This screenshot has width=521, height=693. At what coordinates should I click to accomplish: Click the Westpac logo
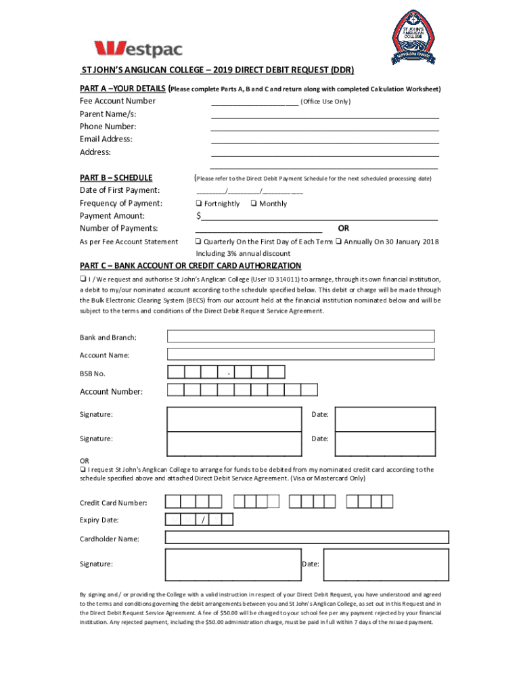[x=138, y=49]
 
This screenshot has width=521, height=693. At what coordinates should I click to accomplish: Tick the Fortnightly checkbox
[x=198, y=204]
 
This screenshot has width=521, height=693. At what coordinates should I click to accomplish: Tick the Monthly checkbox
[x=253, y=204]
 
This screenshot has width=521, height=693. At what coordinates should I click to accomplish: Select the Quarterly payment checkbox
[x=198, y=242]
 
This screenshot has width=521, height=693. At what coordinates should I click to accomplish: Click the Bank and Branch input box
[x=300, y=336]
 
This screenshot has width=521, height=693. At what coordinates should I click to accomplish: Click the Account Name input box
[x=300, y=354]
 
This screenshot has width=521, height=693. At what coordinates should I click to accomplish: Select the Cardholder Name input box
[x=307, y=537]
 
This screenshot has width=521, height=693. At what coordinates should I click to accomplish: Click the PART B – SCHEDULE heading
[x=116, y=178]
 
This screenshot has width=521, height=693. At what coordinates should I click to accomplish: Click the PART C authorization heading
[x=190, y=265]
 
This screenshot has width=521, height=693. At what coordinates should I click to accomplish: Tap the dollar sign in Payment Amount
[x=198, y=217]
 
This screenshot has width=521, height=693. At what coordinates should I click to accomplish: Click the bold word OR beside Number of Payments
[x=344, y=228]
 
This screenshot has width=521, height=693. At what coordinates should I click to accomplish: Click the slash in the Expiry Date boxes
[x=203, y=520]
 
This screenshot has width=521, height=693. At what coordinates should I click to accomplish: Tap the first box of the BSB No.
[x=176, y=372]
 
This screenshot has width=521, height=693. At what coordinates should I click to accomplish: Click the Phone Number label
[x=108, y=127]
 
